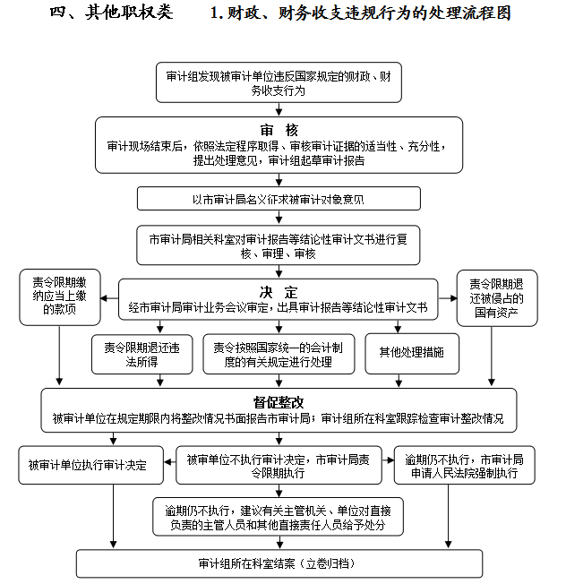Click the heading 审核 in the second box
279,131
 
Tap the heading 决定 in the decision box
279,292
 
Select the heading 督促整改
279,402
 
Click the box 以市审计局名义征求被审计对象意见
279,199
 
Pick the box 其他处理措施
412,354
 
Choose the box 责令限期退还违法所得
141,354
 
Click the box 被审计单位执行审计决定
90,465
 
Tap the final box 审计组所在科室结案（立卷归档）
279,563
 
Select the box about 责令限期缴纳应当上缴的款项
60,297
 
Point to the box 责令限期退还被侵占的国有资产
497,298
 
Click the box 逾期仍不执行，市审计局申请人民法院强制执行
464,465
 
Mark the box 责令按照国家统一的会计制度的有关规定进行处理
279,354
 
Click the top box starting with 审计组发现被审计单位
279,82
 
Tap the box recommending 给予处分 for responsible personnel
279,517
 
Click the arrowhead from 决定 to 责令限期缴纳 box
104,298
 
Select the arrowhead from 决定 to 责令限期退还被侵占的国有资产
453,298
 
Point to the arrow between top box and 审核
279,109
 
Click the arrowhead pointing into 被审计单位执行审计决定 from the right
167,462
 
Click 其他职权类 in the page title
128,13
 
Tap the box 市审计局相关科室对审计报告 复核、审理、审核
279,245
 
